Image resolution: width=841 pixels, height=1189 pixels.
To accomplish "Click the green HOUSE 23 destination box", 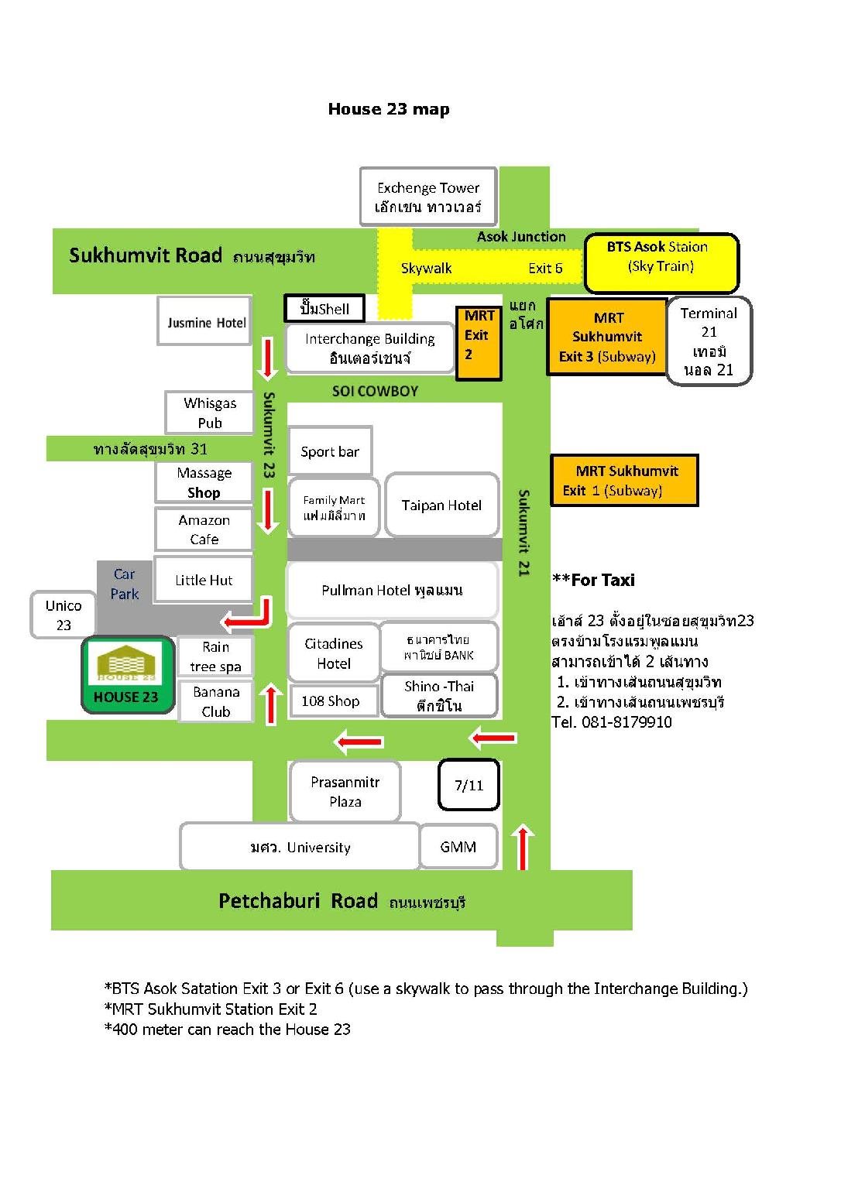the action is (128, 674).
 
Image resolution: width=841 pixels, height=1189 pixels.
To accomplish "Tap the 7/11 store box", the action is (469, 785).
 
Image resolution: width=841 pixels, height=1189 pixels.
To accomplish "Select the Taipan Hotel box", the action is (441, 505).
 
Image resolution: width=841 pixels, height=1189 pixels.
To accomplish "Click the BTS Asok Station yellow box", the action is (661, 262).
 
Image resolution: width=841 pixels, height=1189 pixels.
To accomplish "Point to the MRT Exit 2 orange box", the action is (479, 343).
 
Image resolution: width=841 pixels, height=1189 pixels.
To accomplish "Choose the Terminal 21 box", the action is (709, 341).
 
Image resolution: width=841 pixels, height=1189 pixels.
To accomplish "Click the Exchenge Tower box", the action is (428, 197).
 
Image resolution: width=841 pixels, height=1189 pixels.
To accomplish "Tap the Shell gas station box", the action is (324, 308).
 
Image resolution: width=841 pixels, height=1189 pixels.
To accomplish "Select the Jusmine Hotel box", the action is (204, 321).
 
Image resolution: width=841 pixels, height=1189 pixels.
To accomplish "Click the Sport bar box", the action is (330, 451).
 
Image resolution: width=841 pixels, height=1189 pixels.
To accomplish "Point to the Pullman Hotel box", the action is (393, 591).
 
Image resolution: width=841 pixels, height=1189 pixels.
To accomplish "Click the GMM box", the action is (458, 847).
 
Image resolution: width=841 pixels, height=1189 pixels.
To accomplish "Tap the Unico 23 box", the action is (64, 615).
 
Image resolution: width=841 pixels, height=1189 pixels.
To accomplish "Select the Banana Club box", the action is (215, 701).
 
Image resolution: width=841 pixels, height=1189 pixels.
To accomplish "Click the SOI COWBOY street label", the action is (375, 391).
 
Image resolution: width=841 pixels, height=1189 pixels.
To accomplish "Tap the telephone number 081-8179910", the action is (626, 722).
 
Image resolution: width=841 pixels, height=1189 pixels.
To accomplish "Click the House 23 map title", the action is (389, 109).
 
